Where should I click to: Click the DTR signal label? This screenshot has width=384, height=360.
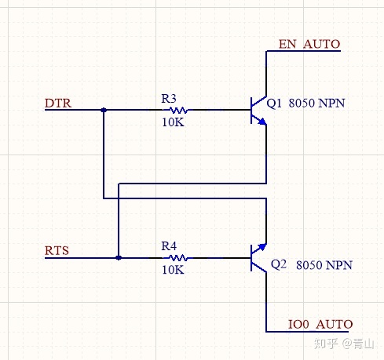point(58,104)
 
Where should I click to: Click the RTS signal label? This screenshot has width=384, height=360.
point(57,251)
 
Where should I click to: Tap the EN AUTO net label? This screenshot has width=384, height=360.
point(309,44)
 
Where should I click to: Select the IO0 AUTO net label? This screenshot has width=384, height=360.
point(320,325)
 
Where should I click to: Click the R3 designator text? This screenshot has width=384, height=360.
point(169,99)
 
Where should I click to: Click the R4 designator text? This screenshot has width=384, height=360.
point(169,246)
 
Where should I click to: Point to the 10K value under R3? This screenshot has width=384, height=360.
point(173,122)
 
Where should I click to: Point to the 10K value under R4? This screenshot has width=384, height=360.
point(173,270)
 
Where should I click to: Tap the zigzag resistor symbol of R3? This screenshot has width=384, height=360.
point(178,110)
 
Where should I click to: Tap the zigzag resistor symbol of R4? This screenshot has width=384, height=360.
point(178,258)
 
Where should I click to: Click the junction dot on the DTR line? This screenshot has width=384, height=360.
point(104,110)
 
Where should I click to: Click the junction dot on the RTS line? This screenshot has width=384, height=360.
point(119,258)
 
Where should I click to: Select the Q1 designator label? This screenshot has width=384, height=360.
point(274,104)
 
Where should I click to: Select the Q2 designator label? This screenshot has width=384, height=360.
point(279,264)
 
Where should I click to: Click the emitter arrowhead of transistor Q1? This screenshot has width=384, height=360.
point(262,122)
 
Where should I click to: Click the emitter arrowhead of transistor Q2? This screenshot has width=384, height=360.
point(262,247)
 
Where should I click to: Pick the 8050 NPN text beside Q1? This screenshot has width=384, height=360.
point(316,104)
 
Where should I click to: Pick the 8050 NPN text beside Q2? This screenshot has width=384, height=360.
point(324,265)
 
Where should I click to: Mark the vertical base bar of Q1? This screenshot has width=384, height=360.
point(251,110)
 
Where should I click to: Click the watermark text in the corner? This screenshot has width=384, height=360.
point(344,343)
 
